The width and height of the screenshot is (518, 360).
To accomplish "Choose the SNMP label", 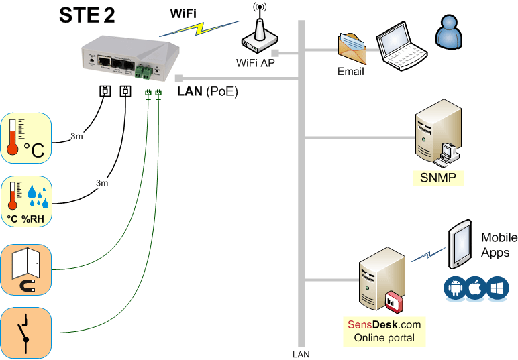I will pos(438,177).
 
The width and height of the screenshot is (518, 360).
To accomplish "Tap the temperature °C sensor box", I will pos(26,139).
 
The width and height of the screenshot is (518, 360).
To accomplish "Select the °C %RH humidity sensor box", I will pos(26,202).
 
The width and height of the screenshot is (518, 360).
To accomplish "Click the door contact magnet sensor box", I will pos(26,269).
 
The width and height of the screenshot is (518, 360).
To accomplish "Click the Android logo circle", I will pos(455,288).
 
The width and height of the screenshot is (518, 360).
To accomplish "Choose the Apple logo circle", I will pos(476,288).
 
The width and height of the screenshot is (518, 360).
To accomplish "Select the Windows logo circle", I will pos(498,288).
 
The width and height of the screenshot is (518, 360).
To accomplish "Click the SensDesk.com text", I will pos(384,324).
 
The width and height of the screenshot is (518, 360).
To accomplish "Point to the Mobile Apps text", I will pos(499,245).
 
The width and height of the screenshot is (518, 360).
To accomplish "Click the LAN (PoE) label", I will pos(207,91).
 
